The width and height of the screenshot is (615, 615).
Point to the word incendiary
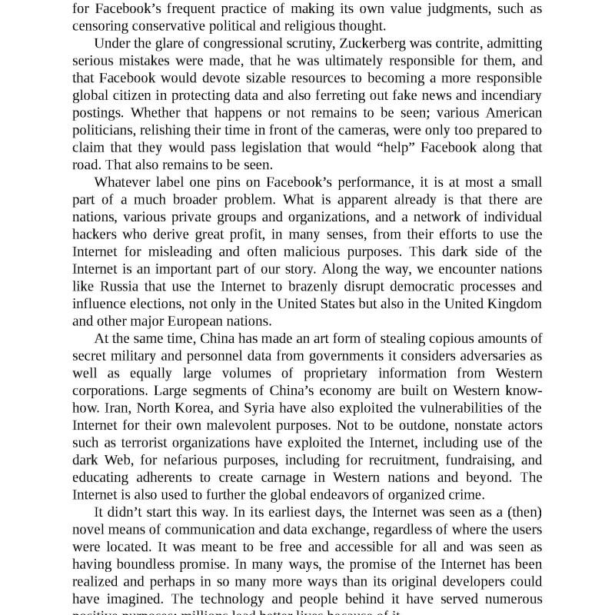pyautogui.click(x=504, y=95)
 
